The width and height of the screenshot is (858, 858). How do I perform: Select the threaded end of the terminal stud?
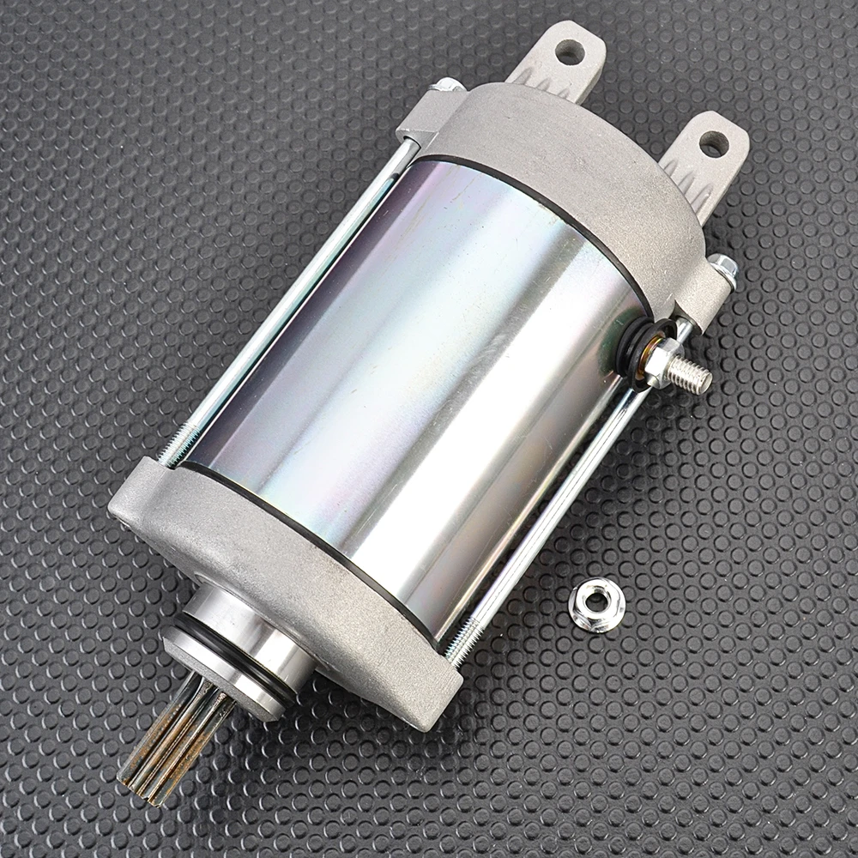point(693,373)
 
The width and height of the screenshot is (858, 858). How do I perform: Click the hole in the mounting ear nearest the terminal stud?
point(713,143)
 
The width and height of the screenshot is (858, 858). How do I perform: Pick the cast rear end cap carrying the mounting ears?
point(566,172)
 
